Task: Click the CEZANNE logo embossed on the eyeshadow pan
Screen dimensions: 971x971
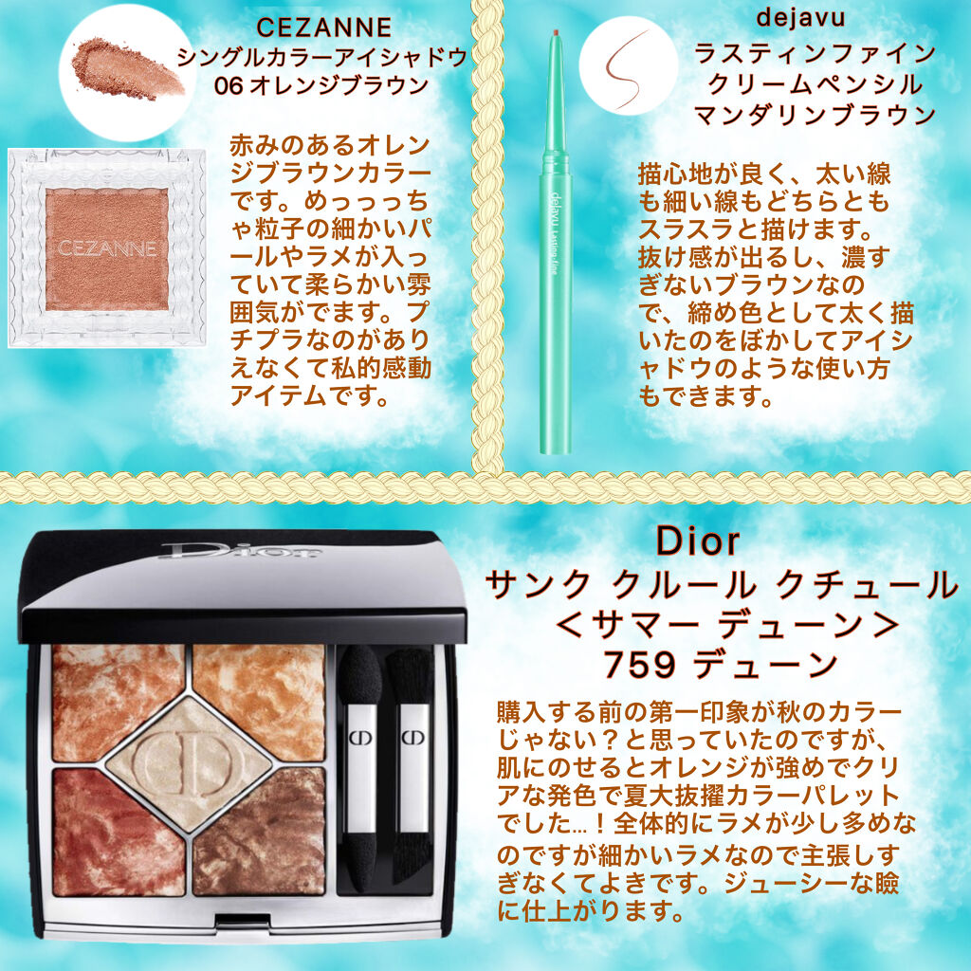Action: click(x=105, y=248)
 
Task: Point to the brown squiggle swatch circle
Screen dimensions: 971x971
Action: click(x=628, y=65)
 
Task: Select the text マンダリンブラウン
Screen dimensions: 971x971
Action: click(x=814, y=115)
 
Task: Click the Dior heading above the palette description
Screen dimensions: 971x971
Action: click(x=697, y=541)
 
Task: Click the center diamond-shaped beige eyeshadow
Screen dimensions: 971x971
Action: click(x=190, y=764)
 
